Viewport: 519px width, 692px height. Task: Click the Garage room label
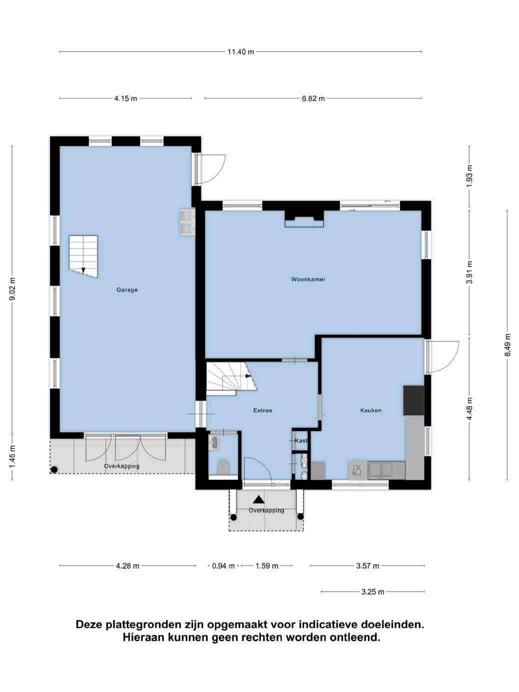pyautogui.click(x=127, y=289)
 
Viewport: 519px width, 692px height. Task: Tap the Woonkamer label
pyautogui.click(x=308, y=279)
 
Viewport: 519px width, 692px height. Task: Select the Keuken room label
pyautogui.click(x=371, y=410)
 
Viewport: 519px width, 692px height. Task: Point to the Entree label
pyautogui.click(x=263, y=410)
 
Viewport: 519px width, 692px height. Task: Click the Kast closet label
pyautogui.click(x=301, y=440)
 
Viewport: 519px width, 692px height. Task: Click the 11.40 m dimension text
pyautogui.click(x=241, y=51)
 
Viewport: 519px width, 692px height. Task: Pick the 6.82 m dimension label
pyautogui.click(x=313, y=98)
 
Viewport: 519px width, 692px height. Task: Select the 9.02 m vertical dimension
pyautogui.click(x=12, y=289)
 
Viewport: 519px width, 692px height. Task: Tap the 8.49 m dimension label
pyautogui.click(x=507, y=345)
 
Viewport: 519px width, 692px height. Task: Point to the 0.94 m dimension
pyautogui.click(x=223, y=566)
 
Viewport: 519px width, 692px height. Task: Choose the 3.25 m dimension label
pyautogui.click(x=373, y=591)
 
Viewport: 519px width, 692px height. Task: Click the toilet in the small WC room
pyautogui.click(x=223, y=467)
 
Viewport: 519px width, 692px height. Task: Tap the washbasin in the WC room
pyautogui.click(x=214, y=441)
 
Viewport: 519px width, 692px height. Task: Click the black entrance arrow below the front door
pyautogui.click(x=258, y=499)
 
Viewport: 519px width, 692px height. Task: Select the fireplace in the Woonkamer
pyautogui.click(x=304, y=218)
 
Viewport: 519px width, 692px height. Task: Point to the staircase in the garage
pyautogui.click(x=83, y=256)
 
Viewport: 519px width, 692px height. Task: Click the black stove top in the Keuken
pyautogui.click(x=413, y=400)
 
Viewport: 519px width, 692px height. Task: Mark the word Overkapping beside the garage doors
pyautogui.click(x=121, y=466)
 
